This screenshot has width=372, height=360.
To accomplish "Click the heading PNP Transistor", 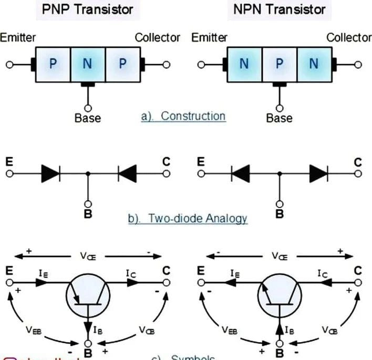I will [88, 9].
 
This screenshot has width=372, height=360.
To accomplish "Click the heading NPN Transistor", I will [278, 9].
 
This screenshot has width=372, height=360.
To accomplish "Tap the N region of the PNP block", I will [88, 64].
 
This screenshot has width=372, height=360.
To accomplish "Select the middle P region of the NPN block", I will [279, 64].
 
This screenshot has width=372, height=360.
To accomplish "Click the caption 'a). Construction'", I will [183, 116].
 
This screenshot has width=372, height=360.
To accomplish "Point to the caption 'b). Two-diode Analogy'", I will [188, 218].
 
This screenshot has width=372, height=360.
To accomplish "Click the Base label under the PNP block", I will [88, 118].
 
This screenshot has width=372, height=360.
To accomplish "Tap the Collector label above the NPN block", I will [348, 38].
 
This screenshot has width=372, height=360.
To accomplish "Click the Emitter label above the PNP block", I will [18, 38].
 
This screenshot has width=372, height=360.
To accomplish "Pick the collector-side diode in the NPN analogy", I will [318, 172].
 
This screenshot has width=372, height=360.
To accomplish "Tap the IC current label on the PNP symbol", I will [132, 272].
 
